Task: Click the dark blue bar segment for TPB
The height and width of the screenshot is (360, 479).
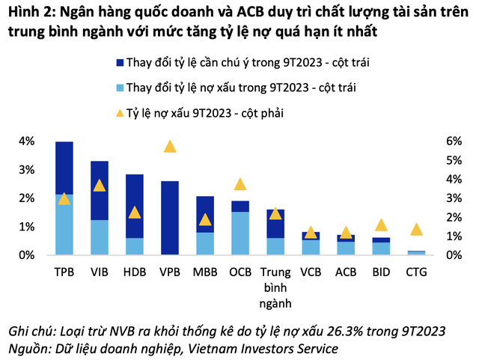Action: coord(64,168)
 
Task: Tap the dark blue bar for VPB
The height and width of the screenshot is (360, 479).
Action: coord(170,218)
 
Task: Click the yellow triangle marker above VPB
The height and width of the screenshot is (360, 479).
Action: coord(170,147)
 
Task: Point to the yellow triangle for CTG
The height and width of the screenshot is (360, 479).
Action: coord(416,230)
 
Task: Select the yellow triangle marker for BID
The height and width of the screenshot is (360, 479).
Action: coord(381,225)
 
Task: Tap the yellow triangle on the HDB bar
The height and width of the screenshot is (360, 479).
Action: coord(135,212)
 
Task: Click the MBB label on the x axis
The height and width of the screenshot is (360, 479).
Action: coord(205,272)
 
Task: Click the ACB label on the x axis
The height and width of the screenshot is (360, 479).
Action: coord(346,272)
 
